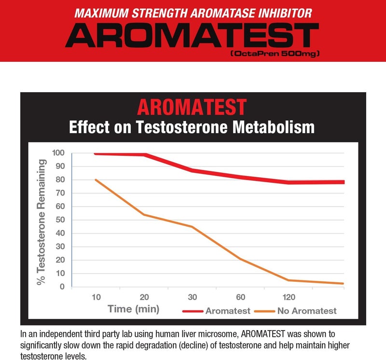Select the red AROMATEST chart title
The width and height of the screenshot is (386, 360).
(192, 107)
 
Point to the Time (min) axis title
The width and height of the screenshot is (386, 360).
(133, 309)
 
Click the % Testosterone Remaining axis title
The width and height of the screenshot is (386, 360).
(42, 222)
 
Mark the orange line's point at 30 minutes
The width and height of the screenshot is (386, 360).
(193, 227)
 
